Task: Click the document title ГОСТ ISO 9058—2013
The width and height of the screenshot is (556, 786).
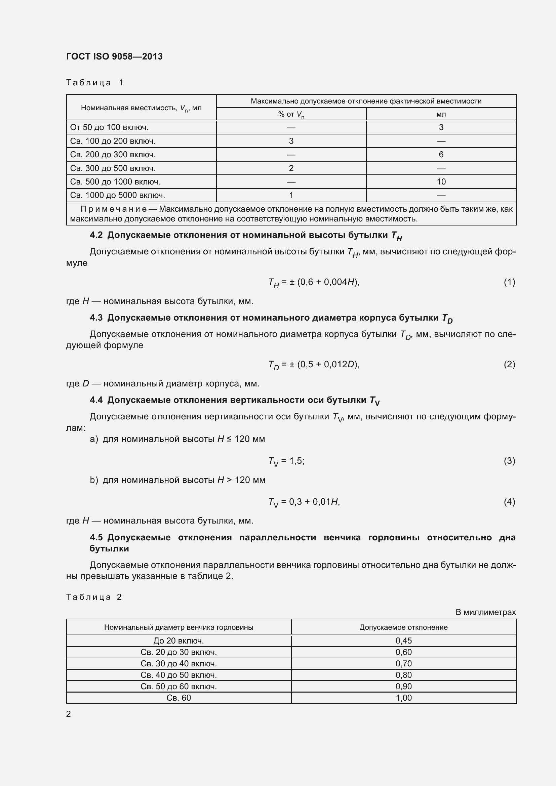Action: point(114,56)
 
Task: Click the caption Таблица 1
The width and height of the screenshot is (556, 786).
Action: point(94,83)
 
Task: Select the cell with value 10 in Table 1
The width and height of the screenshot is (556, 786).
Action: point(441,182)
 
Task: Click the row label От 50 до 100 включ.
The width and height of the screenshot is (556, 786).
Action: point(109,127)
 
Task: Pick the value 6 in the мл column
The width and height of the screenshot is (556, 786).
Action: point(441,154)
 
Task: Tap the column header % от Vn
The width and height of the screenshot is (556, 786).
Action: point(291,114)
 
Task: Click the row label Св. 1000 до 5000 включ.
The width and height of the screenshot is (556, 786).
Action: point(117,195)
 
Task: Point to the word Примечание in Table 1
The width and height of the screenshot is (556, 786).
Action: point(114,209)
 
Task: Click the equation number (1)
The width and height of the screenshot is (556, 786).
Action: point(509,282)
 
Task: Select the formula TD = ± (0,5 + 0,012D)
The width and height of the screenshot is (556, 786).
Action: point(314,365)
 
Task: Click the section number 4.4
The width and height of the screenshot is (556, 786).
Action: point(96,400)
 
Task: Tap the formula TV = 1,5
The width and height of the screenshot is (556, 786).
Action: point(286,461)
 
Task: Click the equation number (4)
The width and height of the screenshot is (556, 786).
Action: point(509,502)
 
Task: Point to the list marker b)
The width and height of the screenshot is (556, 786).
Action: point(94,480)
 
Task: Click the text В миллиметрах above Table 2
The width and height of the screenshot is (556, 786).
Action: point(485,612)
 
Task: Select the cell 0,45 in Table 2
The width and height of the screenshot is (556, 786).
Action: point(403,641)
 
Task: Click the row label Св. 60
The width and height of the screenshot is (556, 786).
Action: point(179,698)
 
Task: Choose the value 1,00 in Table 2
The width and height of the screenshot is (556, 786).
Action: point(403,698)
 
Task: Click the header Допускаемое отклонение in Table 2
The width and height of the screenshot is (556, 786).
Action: point(403,627)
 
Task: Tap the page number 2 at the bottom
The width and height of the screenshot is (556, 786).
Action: point(69,714)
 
